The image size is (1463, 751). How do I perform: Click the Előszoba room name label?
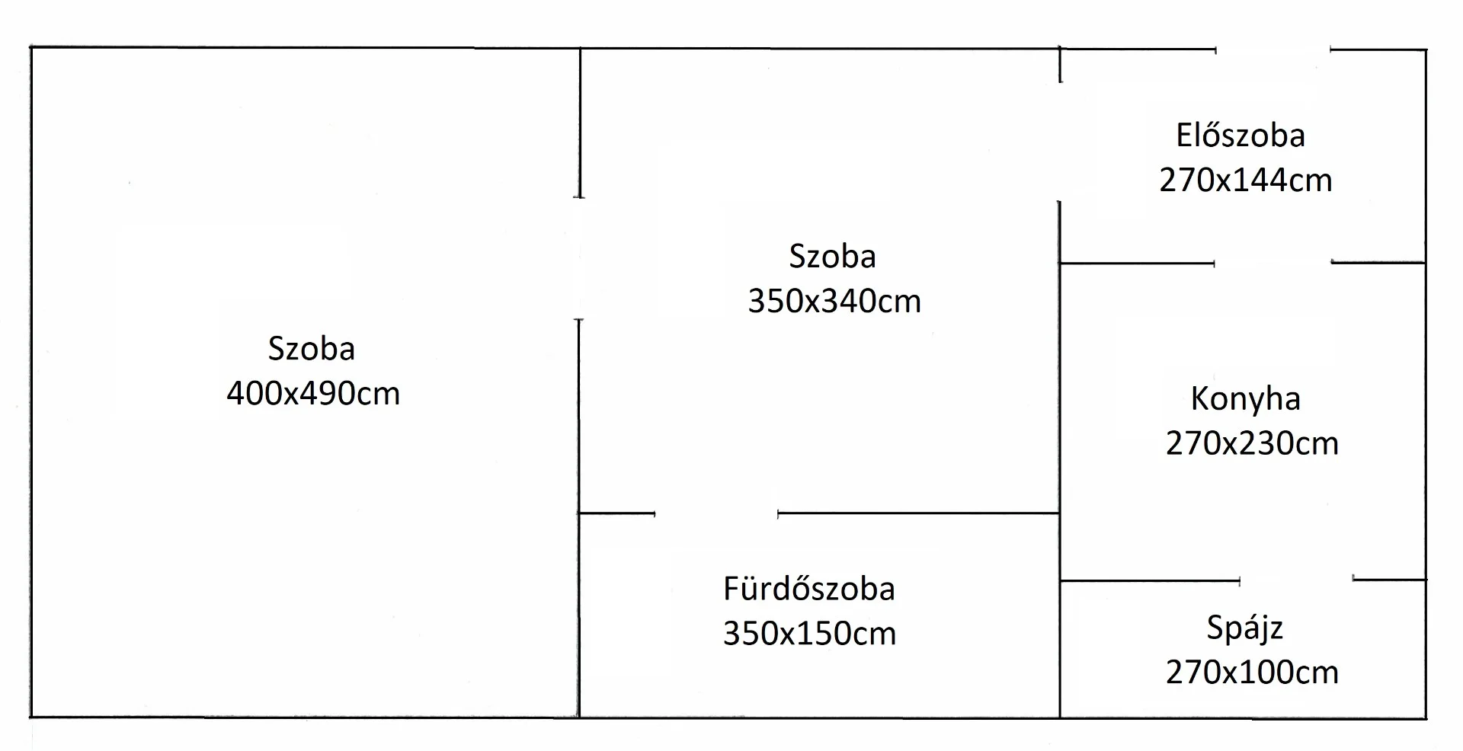[1241, 136]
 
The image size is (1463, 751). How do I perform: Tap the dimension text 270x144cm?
[1246, 181]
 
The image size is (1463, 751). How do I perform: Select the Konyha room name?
[1246, 399]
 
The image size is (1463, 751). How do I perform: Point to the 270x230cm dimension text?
[1252, 443]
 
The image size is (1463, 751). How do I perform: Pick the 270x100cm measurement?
[1252, 673]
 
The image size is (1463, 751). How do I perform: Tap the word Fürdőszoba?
[809, 589]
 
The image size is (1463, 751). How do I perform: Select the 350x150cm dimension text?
[809, 634]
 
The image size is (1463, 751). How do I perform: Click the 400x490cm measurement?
[313, 394]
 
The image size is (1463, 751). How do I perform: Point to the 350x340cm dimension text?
[834, 302]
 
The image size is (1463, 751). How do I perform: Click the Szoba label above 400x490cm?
[312, 349]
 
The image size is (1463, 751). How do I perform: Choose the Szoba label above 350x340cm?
[832, 257]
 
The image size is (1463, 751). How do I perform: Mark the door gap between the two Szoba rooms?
[579, 259]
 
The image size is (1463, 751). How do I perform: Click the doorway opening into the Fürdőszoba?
[716, 514]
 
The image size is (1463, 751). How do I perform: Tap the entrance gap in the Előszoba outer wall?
[1273, 50]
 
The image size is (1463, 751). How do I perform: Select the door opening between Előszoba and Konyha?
[1273, 263]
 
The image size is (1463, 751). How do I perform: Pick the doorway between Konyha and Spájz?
[1296, 580]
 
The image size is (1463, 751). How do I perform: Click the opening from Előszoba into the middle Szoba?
[1060, 142]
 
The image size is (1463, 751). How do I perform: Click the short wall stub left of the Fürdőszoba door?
[616, 513]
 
